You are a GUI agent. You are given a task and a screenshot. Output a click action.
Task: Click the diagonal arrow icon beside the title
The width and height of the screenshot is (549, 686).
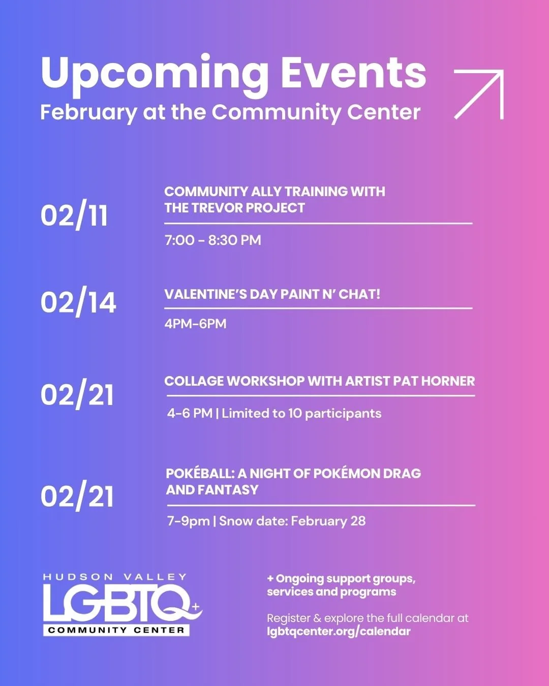478,95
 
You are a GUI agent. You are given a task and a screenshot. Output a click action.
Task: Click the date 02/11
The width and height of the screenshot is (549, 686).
74,215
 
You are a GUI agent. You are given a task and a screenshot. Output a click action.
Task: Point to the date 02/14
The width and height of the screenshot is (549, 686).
78,303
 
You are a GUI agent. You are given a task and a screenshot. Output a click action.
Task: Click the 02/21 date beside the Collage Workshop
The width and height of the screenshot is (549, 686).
77,395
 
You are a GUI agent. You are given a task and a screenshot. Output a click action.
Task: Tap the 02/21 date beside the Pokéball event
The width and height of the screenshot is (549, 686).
77,496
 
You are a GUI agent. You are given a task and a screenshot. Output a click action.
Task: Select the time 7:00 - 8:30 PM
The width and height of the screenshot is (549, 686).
212,240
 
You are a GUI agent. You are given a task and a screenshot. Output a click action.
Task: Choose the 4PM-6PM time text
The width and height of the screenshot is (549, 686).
195,324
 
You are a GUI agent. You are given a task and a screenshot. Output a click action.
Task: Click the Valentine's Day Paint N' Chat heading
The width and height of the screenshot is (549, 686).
272,294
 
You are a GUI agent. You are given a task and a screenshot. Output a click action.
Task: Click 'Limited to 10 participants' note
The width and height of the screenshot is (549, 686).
301,413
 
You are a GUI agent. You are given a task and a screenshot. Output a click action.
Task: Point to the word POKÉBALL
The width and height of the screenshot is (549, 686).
200,474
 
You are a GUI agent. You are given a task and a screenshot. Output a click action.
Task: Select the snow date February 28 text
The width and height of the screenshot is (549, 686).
328,521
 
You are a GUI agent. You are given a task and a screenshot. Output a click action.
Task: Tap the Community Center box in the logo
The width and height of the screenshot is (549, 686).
116,630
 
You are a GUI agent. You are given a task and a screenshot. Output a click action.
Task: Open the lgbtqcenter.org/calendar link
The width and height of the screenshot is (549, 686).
339,632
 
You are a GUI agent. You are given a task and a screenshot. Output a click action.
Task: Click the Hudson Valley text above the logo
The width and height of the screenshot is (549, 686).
115,577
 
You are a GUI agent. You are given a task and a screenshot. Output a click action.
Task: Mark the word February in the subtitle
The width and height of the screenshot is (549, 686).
88,112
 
